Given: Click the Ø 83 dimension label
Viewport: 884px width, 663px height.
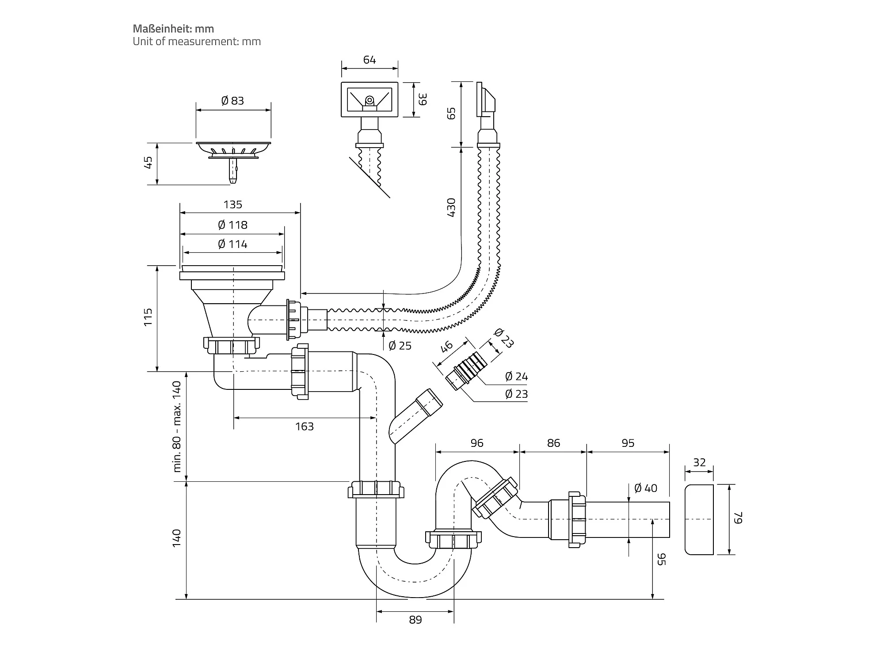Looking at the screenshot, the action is [232, 101].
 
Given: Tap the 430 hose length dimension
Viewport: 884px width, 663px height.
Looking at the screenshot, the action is [451, 207].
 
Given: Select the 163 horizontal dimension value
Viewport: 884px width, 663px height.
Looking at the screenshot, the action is [305, 427].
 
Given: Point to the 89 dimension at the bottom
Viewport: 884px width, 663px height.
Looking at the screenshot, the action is [415, 620].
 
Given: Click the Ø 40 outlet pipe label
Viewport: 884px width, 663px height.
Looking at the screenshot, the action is [646, 488].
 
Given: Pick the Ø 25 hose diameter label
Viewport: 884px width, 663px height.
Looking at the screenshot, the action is [400, 346].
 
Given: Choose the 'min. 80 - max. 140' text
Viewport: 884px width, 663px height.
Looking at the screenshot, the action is [177, 427].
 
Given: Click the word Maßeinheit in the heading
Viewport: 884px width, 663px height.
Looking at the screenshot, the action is [162, 29].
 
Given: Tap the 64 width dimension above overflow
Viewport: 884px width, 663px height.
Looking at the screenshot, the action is [370, 60].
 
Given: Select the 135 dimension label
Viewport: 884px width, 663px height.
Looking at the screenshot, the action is [233, 205].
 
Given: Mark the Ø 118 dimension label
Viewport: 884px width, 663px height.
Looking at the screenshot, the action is [232, 225].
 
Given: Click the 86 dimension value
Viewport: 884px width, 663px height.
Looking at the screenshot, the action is [553, 443].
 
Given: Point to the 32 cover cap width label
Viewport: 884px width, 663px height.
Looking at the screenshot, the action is [699, 462].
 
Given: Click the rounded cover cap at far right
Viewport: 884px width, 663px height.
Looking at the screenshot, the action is [699, 519].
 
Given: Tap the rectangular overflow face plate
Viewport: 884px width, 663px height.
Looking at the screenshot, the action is [370, 99].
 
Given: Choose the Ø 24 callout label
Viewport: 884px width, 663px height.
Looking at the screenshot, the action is [516, 377].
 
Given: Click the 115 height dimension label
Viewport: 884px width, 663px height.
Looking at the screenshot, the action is [148, 317].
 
